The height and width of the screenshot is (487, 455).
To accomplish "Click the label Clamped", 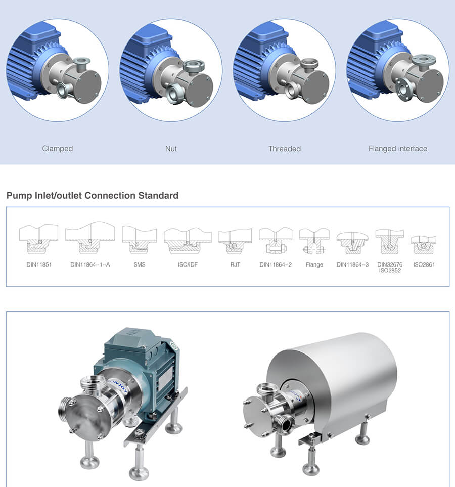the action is [58, 149].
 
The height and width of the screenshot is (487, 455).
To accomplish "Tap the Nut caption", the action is [171, 149].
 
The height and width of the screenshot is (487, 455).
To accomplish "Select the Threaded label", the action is [285, 149].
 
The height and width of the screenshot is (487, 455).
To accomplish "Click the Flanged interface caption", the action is [398, 149].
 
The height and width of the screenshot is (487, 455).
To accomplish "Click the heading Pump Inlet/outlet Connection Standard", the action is [93, 195].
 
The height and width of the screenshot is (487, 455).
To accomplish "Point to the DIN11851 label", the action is [39, 264].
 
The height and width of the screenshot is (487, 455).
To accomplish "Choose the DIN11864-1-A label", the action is [90, 264].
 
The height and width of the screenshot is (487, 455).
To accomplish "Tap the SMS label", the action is [140, 264].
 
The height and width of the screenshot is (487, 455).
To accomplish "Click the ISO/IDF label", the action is [188, 264].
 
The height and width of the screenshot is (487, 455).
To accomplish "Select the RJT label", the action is [235, 264].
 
